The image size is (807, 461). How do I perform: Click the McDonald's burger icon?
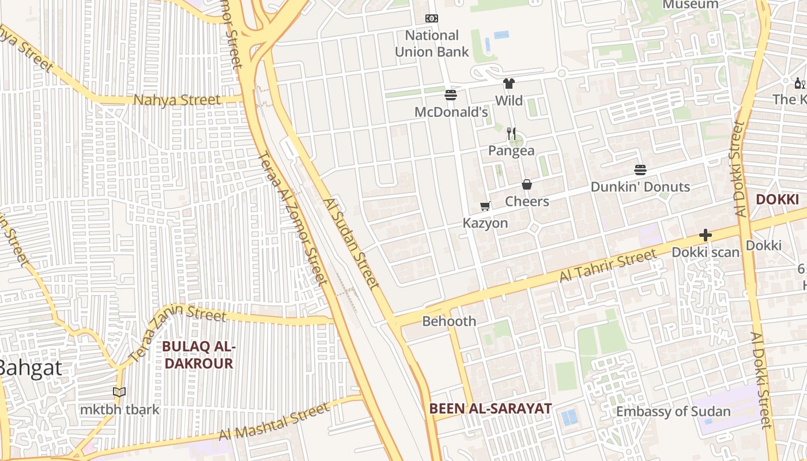451,95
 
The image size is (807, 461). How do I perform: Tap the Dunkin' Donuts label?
640,187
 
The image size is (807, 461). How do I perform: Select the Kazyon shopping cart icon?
485,206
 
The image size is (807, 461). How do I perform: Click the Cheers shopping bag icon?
527,185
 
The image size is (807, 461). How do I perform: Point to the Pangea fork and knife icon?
511,134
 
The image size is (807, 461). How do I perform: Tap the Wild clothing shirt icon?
508,84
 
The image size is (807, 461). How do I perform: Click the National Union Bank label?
432,43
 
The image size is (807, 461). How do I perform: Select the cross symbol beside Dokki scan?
705,235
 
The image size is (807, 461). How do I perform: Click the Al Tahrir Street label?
608,266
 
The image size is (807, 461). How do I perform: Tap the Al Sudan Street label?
351,244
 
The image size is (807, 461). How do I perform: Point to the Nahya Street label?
177,100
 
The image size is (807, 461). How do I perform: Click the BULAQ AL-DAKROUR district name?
198,355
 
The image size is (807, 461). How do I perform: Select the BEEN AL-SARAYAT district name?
490,409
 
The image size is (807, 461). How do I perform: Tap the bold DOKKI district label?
777,199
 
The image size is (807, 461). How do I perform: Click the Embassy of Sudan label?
673,411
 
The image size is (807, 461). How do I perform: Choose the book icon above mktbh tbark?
119,392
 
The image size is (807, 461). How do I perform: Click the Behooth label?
449,321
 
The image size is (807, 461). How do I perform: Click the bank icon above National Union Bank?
432,18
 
